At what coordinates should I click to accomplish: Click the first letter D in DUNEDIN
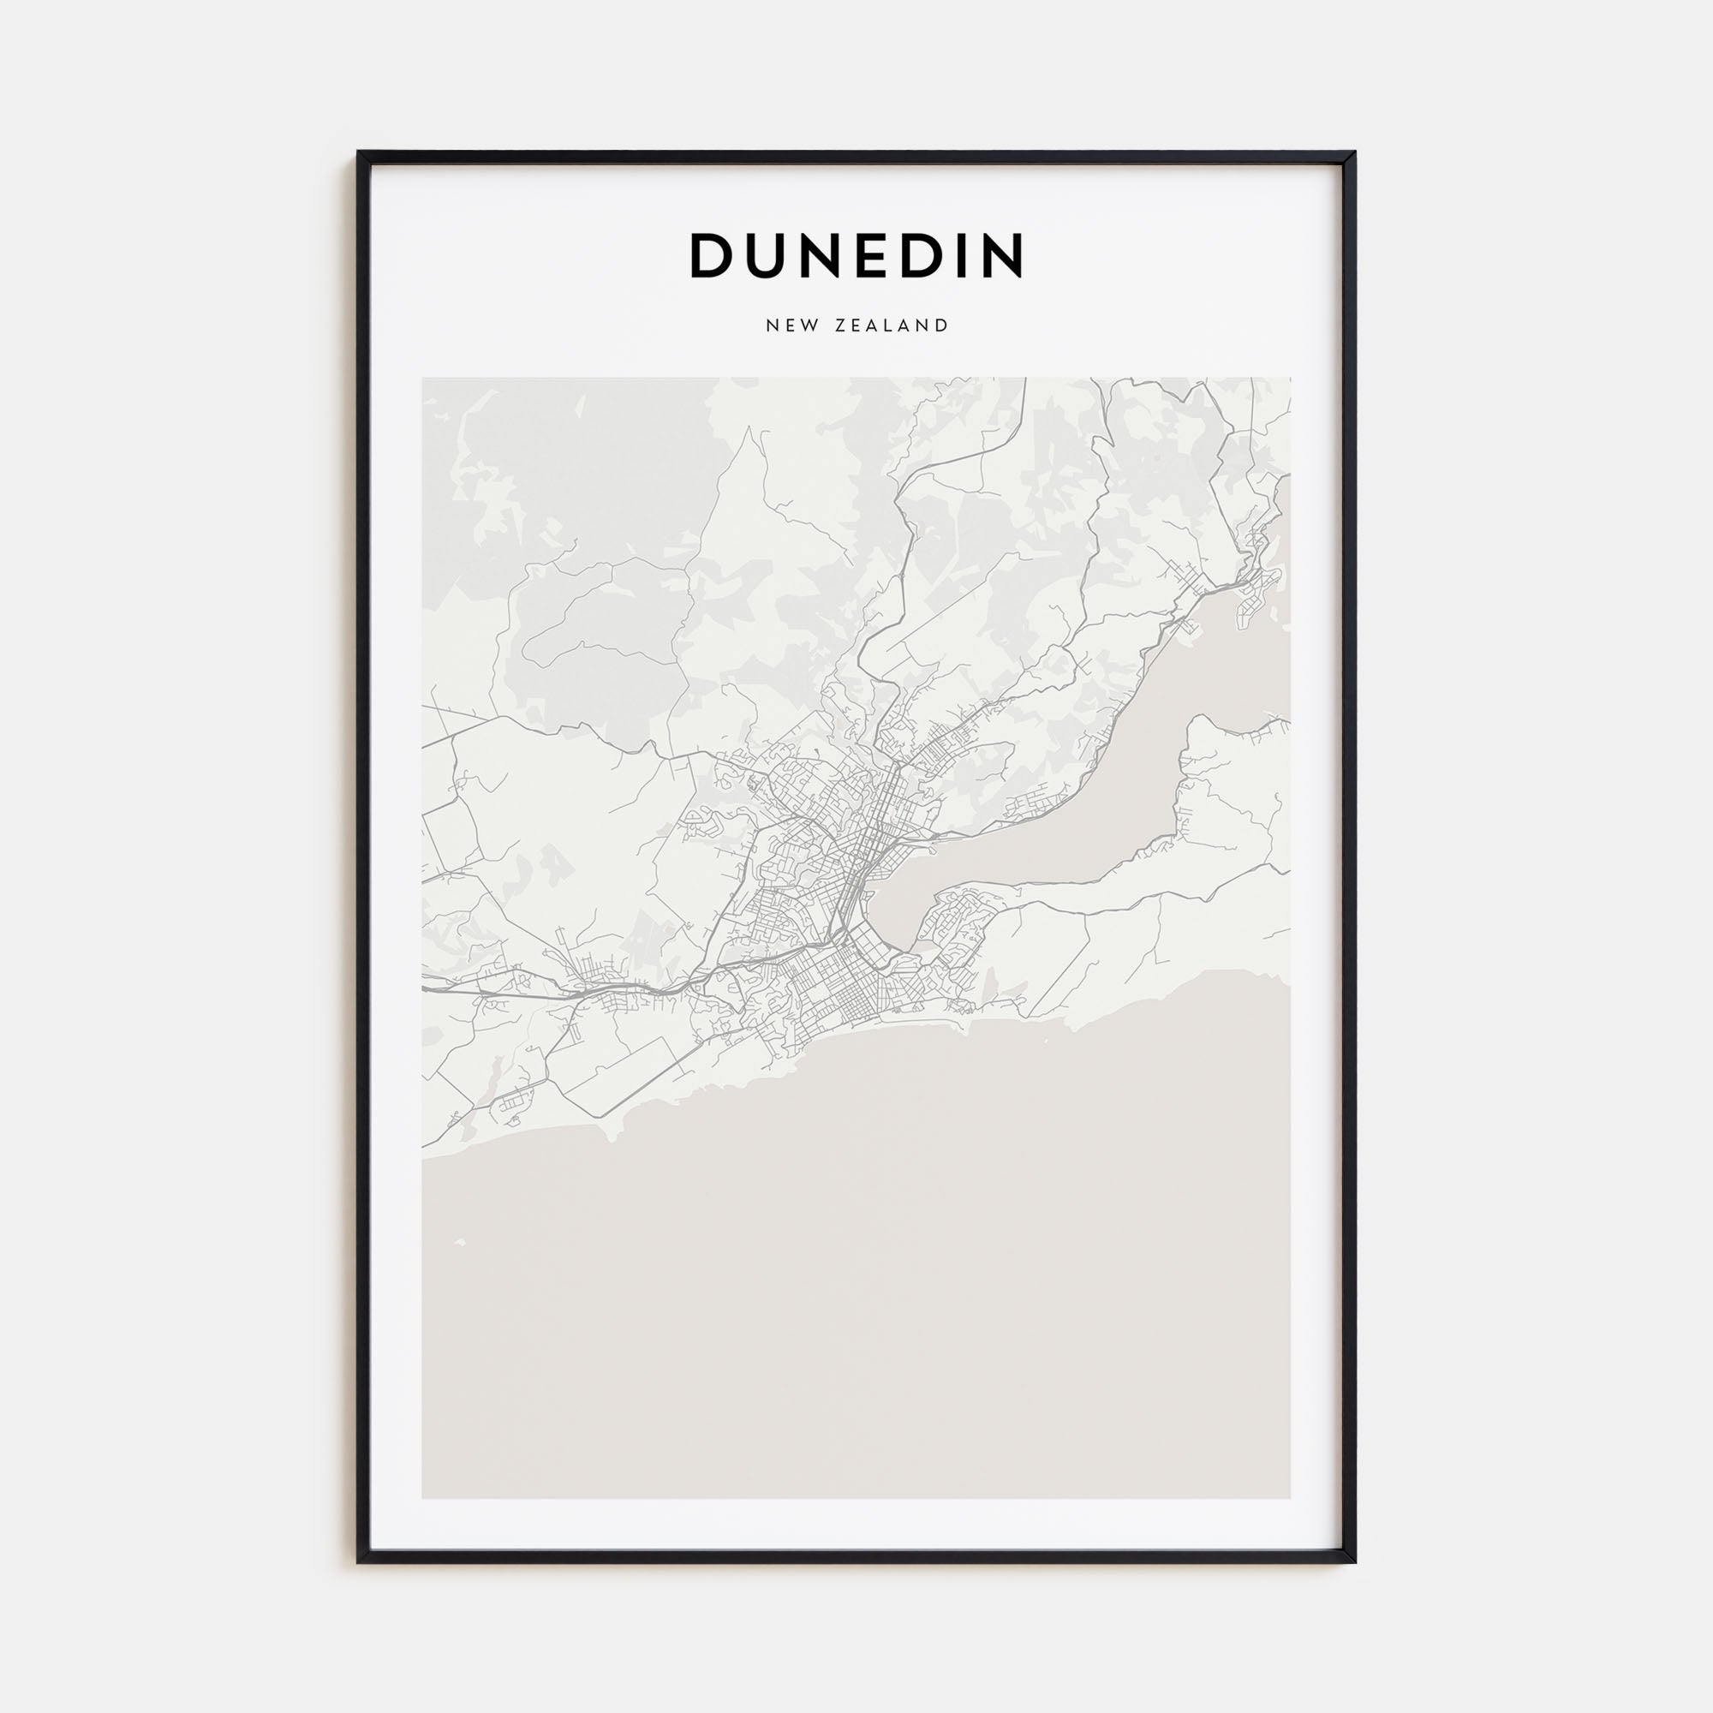coord(711,255)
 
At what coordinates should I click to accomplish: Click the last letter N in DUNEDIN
coord(1000,255)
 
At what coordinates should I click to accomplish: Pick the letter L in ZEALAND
coord(893,325)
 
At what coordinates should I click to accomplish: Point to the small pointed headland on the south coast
coord(611,1135)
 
